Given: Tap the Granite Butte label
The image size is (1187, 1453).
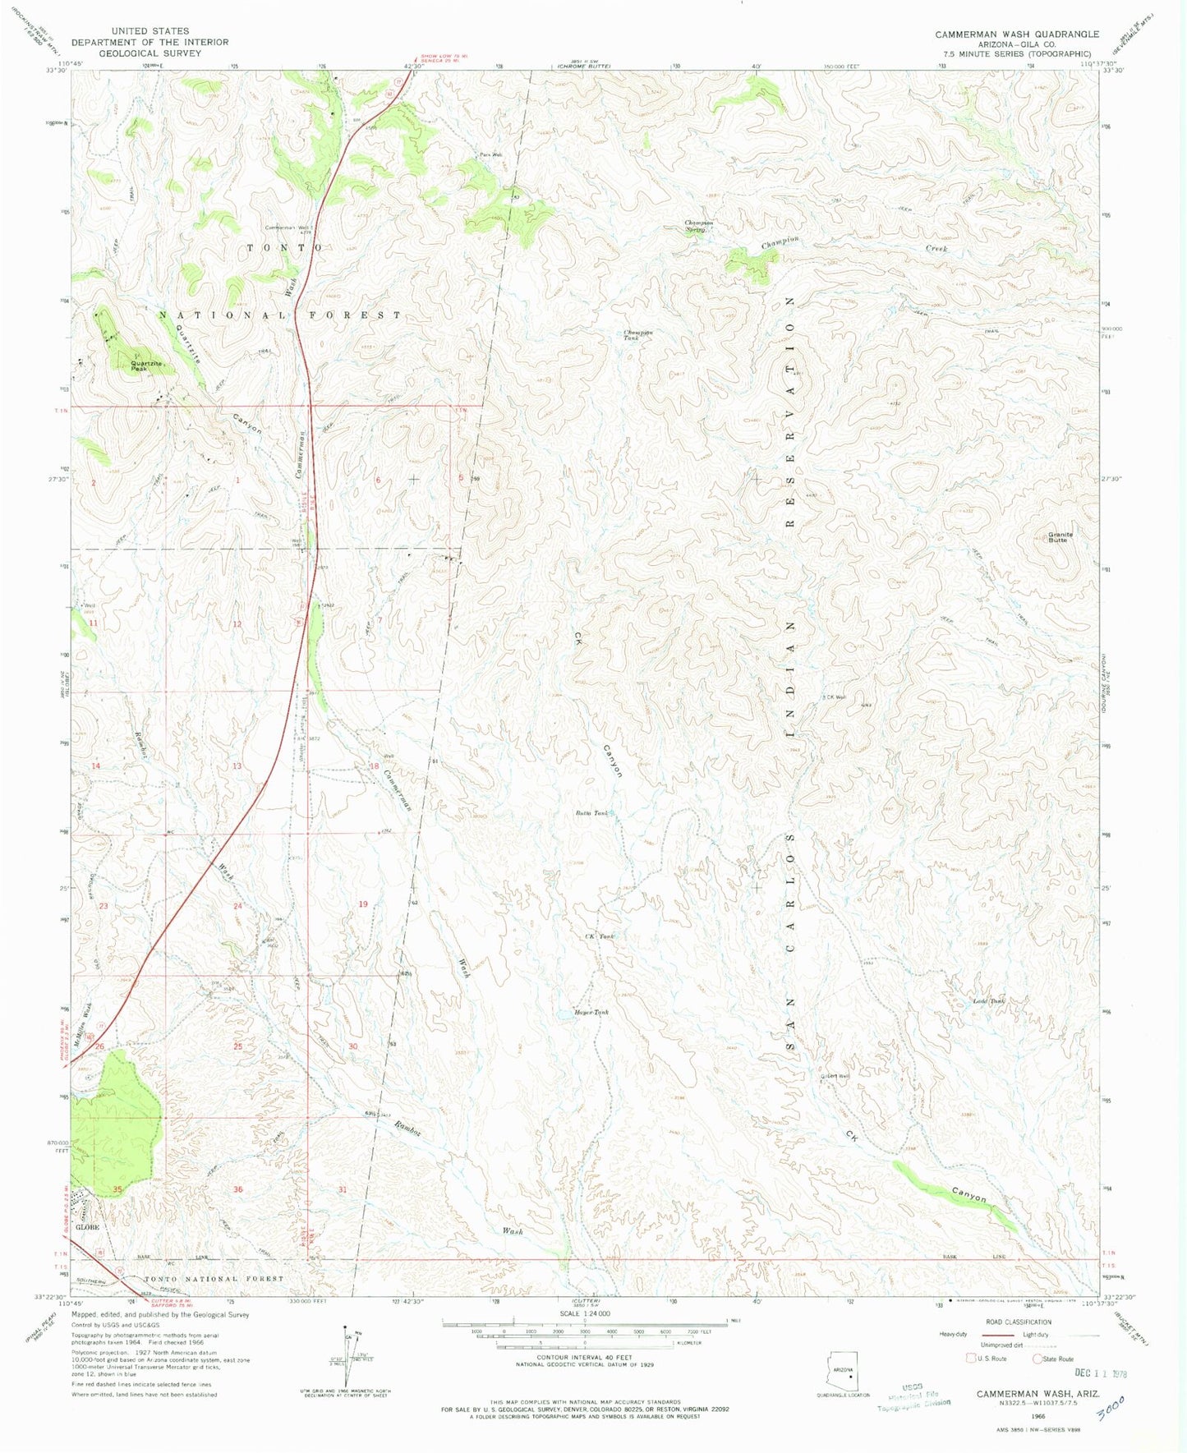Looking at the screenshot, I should [1060, 537].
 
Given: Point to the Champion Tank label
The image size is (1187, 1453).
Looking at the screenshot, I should [637, 335].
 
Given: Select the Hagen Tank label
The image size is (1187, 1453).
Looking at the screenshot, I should [591, 1013].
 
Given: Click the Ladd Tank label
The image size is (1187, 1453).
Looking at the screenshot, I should [989, 1001].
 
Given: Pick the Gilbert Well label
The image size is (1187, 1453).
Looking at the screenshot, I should [834, 1076].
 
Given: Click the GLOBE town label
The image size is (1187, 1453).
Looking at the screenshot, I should [87, 1227].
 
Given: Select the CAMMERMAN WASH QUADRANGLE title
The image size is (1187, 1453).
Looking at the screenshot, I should [1016, 34].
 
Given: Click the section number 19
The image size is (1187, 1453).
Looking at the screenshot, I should [363, 904].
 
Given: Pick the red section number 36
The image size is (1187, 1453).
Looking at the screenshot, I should [237, 1189].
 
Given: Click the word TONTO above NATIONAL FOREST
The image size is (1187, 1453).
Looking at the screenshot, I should [279, 247].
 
